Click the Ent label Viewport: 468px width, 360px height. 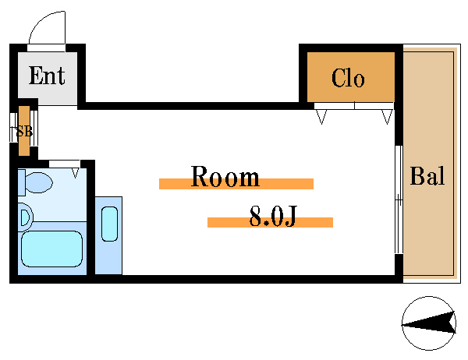click(x=47, y=76)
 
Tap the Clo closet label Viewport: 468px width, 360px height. click(x=349, y=78)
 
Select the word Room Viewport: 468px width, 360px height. click(x=225, y=177)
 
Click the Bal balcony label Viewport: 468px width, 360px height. click(x=427, y=177)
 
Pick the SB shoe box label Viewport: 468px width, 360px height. click(x=24, y=131)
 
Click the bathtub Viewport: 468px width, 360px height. click(x=51, y=249)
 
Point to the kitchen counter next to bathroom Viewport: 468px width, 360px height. click(x=109, y=235)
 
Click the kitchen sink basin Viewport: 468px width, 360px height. click(x=109, y=224)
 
